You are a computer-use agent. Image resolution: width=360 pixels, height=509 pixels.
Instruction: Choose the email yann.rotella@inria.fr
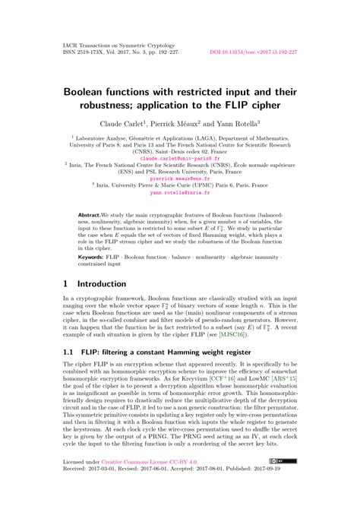point(179,194)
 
